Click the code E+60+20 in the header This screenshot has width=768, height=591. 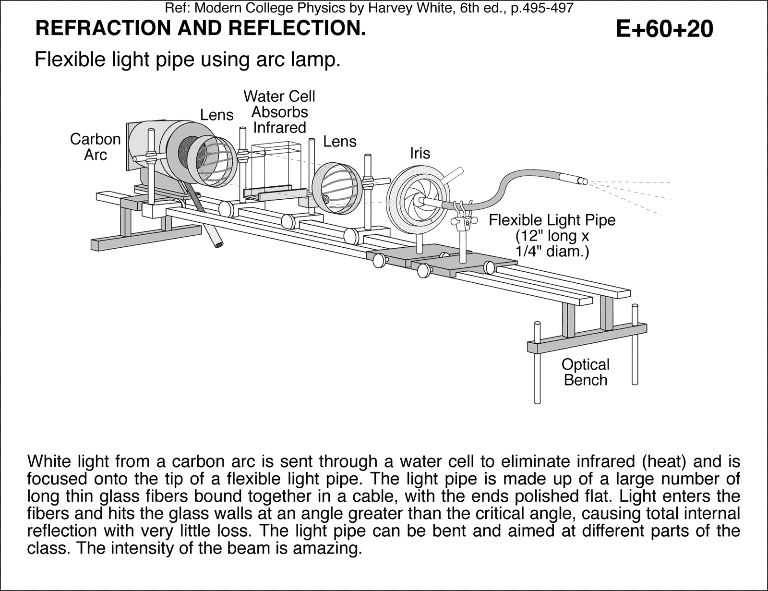[x=664, y=29]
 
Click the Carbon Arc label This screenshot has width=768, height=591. [x=95, y=147]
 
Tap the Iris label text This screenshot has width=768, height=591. [x=420, y=154]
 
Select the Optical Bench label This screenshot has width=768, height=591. [x=585, y=372]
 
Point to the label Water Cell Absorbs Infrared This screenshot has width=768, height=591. [x=279, y=112]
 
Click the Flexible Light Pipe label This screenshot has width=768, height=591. [x=552, y=235]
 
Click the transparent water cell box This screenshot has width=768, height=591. [x=276, y=168]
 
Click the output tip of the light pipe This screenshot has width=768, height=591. [x=583, y=181]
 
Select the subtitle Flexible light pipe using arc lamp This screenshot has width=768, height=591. [x=188, y=60]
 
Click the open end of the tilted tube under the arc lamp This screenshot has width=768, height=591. [x=219, y=245]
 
